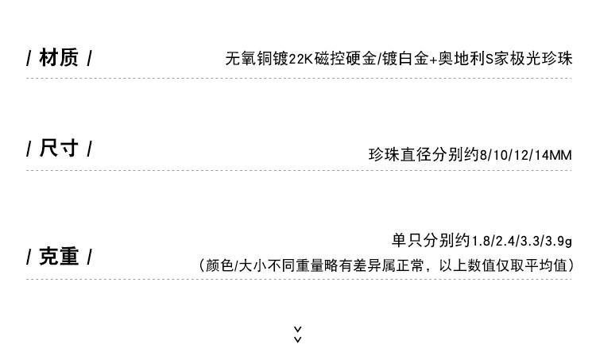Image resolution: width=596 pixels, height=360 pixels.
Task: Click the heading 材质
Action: (x=59, y=58)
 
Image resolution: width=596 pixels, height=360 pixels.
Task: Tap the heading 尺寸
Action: (x=59, y=149)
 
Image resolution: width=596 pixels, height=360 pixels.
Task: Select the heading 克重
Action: (x=59, y=257)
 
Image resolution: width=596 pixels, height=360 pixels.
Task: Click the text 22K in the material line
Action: (x=301, y=59)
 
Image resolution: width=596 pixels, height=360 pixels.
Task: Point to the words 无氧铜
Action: (x=248, y=59)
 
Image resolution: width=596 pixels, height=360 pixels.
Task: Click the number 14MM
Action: (x=554, y=155)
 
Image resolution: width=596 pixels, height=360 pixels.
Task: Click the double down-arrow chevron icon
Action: (x=298, y=335)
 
